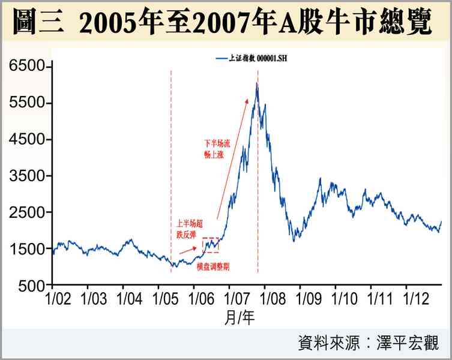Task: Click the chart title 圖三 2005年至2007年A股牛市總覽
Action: [x=226, y=22]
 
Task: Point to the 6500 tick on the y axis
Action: [x=27, y=67]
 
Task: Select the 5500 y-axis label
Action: [x=27, y=103]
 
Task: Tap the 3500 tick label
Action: [x=27, y=176]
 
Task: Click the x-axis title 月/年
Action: [x=239, y=319]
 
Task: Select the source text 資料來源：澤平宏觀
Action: [x=368, y=343]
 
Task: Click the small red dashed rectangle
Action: [x=210, y=245]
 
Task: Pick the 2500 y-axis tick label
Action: [x=27, y=212]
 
